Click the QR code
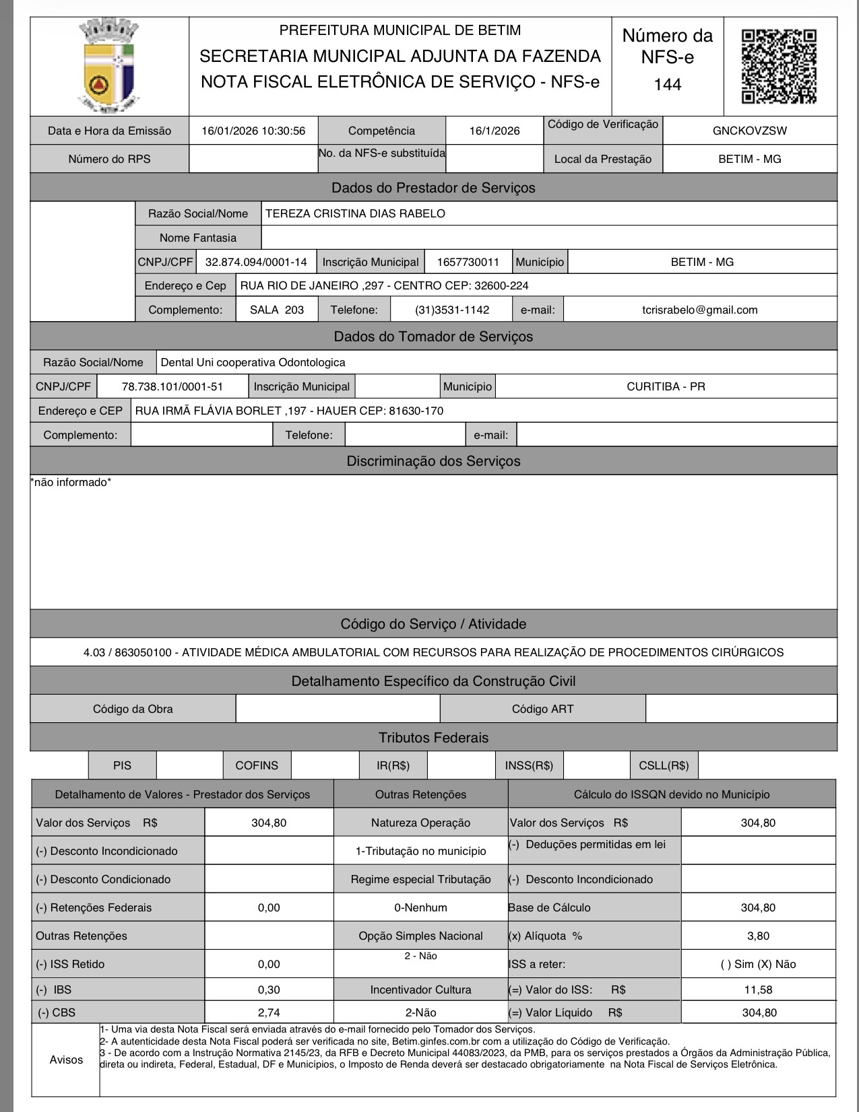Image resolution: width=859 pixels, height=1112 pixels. pyautogui.click(x=779, y=66)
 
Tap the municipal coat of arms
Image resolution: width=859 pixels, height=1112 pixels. pyautogui.click(x=109, y=66)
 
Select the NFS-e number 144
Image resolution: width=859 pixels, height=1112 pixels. pyautogui.click(x=667, y=85)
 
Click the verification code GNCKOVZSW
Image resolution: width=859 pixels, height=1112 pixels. pyautogui.click(x=749, y=131)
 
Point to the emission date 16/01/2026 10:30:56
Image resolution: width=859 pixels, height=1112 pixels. pyautogui.click(x=253, y=131)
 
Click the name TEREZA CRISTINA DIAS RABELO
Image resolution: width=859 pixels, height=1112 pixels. pyautogui.click(x=355, y=213)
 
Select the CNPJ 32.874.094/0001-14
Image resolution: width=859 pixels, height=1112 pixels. pyautogui.click(x=255, y=262)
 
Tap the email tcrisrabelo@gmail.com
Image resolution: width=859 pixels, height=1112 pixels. pyautogui.click(x=699, y=310)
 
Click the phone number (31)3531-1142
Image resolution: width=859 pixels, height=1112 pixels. pyautogui.click(x=451, y=310)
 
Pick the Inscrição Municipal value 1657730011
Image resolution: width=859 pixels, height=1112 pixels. pyautogui.click(x=468, y=262)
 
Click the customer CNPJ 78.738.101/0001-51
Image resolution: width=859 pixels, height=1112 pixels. pyautogui.click(x=172, y=386)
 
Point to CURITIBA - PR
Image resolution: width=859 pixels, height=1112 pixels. pyautogui.click(x=666, y=386)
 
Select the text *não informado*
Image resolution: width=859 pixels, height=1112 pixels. pyautogui.click(x=71, y=482)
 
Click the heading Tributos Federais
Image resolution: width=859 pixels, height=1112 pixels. pyautogui.click(x=433, y=738)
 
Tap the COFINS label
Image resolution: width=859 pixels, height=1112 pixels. pyautogui.click(x=257, y=765)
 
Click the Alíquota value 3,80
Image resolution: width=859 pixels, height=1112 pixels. pyautogui.click(x=758, y=936)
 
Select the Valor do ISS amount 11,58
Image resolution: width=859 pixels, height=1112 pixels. pyautogui.click(x=758, y=989)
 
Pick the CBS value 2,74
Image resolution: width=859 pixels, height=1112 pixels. pyautogui.click(x=269, y=1012)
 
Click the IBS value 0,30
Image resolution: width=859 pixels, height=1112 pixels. pyautogui.click(x=269, y=989)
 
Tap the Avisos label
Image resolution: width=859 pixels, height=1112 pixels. pyautogui.click(x=66, y=1059)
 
